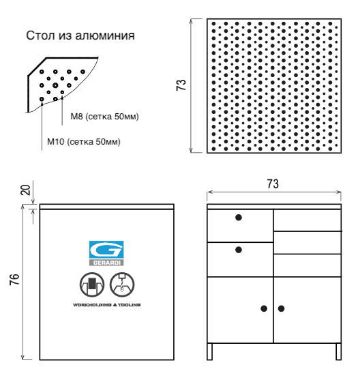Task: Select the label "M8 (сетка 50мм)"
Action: click(x=104, y=117)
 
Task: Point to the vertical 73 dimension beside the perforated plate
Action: click(x=181, y=85)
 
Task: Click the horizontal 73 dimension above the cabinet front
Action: click(x=272, y=185)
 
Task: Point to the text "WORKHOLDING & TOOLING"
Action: click(x=106, y=304)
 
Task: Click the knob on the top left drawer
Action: click(x=239, y=218)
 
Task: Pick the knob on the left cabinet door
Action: click(x=264, y=308)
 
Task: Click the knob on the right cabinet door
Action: click(x=281, y=308)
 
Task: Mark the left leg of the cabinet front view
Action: click(x=210, y=351)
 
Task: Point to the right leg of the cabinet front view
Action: click(x=337, y=351)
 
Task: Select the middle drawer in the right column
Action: click(x=307, y=243)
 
